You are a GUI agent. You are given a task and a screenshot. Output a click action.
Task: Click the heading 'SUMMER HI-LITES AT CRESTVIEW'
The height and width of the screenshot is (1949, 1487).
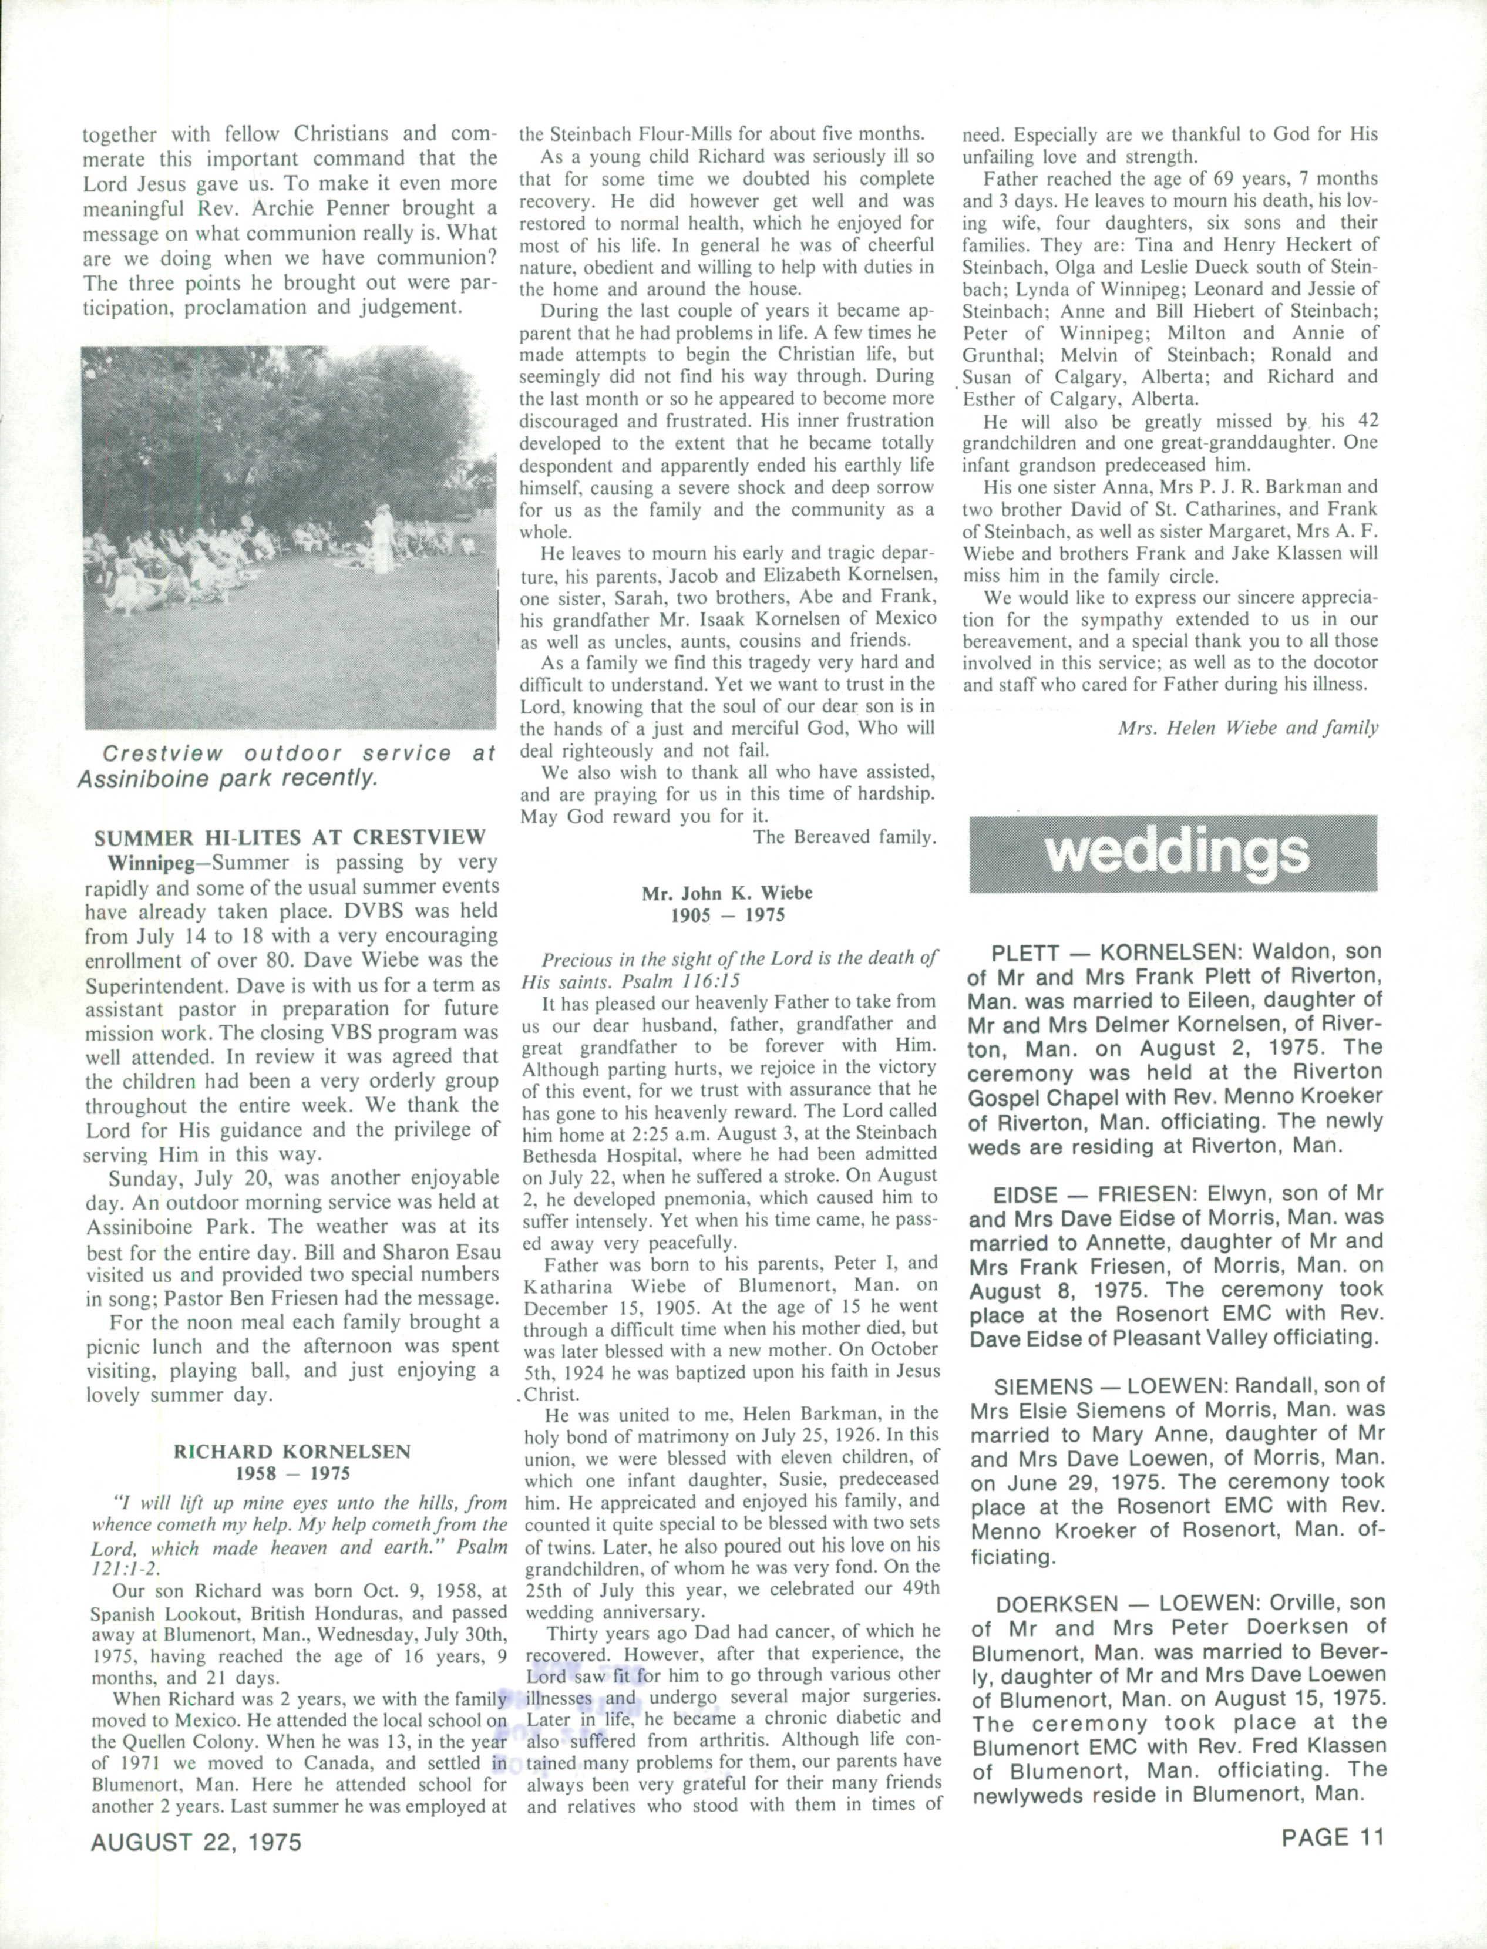(290, 837)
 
